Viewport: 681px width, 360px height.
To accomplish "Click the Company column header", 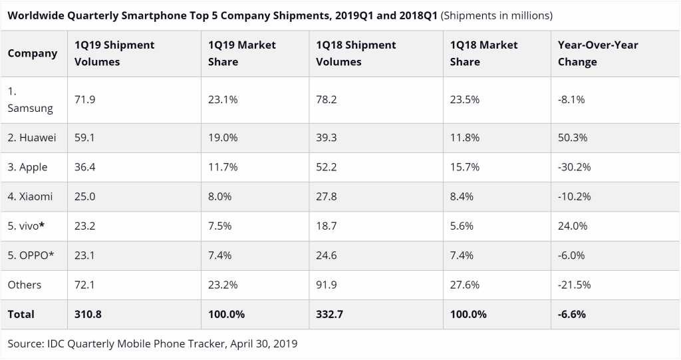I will pyautogui.click(x=33, y=53).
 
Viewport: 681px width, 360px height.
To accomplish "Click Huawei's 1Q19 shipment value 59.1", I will pyautogui.click(x=85, y=138).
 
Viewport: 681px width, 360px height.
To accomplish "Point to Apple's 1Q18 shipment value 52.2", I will pyautogui.click(x=327, y=167).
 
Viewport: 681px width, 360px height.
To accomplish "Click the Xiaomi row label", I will pyautogui.click(x=30, y=196).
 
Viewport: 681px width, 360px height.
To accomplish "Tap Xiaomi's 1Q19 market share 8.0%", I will pyautogui.click(x=220, y=196).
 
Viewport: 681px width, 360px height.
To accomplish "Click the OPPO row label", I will pyautogui.click(x=29, y=255).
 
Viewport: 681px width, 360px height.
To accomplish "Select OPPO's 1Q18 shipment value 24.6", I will pyautogui.click(x=327, y=255).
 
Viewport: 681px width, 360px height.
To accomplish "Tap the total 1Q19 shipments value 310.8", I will pyautogui.click(x=88, y=314).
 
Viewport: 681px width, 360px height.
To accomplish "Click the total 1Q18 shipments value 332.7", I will pyautogui.click(x=330, y=314).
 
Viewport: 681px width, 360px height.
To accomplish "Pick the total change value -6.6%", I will pyautogui.click(x=572, y=314).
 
